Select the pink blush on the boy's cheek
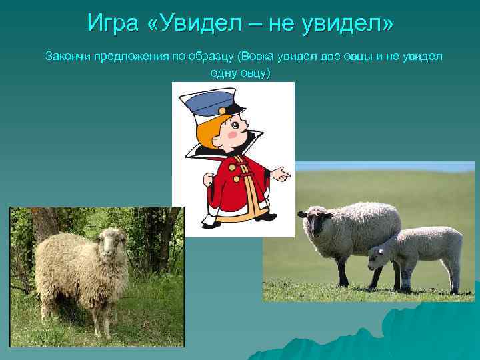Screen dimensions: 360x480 coord(232,134)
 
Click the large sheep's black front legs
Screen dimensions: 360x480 coord(343,270)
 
